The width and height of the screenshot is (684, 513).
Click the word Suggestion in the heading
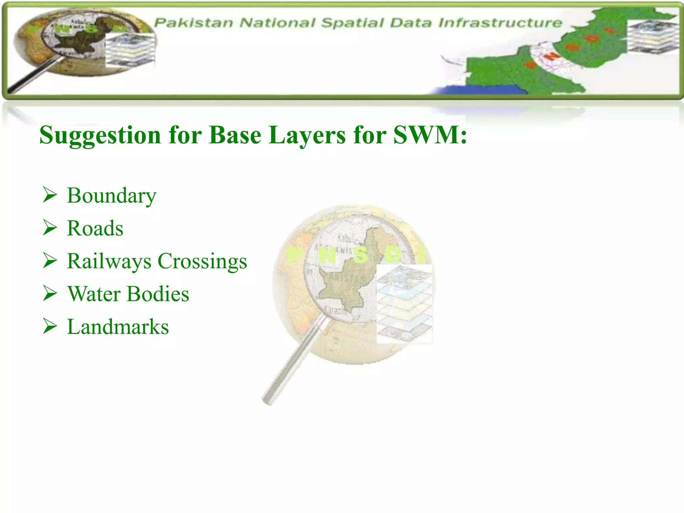point(100,135)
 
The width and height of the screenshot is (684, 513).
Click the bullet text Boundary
point(112,196)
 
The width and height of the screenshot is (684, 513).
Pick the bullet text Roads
point(95,228)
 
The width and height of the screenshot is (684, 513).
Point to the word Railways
point(109,261)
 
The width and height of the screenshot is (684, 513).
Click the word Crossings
point(202,261)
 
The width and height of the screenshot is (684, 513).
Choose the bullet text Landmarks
point(118,327)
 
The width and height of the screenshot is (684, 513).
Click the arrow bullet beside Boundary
point(50,195)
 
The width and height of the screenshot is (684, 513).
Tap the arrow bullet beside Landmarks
point(50,326)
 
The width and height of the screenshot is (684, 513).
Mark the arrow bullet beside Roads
point(50,228)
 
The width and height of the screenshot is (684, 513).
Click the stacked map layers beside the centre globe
point(404,304)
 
